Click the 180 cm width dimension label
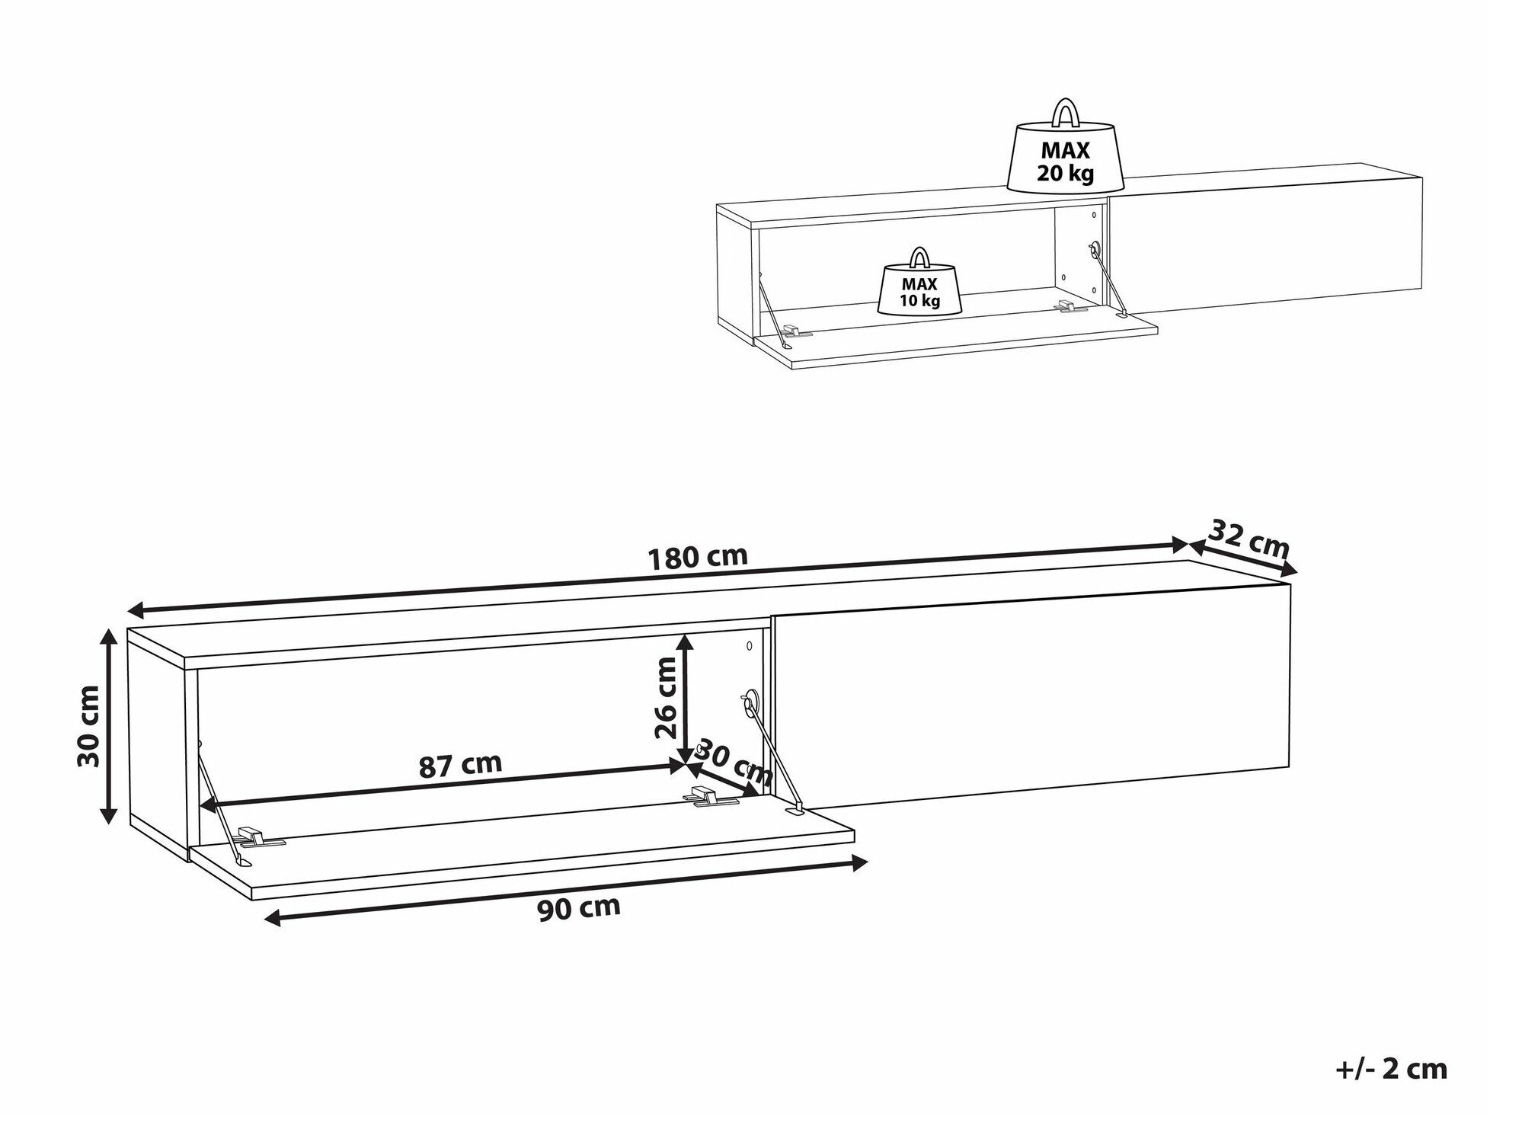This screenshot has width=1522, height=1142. point(697,557)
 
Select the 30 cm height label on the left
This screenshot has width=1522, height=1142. point(89,726)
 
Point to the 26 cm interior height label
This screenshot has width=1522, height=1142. point(665,699)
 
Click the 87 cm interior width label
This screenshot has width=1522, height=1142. point(461,764)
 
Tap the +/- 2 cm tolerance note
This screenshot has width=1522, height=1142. point(1391,1069)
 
